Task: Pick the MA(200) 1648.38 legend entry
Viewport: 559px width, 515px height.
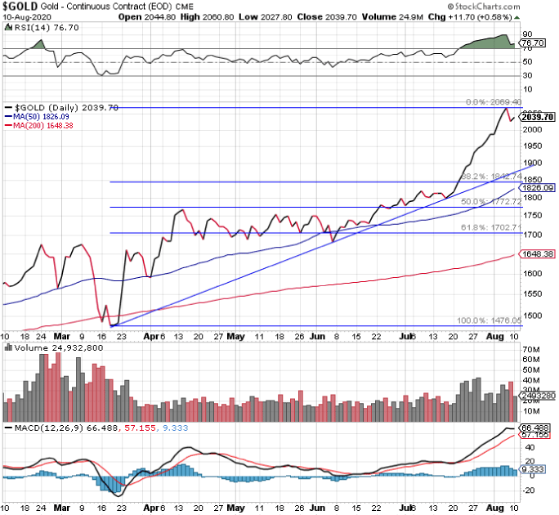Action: click(40, 126)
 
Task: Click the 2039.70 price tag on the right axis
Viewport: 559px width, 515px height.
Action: click(538, 117)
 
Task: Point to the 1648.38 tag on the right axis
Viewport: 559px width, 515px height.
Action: click(537, 254)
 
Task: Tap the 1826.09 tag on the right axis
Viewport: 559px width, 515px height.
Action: click(537, 187)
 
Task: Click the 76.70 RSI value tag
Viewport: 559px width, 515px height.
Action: click(533, 43)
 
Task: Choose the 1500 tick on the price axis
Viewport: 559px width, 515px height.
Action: click(532, 316)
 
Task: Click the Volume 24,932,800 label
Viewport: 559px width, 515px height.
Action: click(47, 347)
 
